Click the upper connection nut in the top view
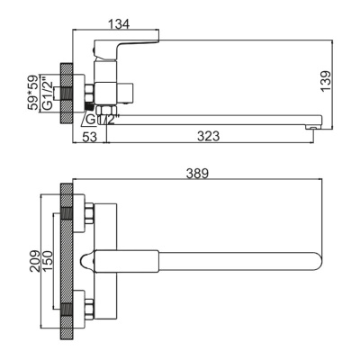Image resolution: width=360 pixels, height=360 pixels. [89, 215]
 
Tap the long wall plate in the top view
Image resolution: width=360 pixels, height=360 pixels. [66, 261]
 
